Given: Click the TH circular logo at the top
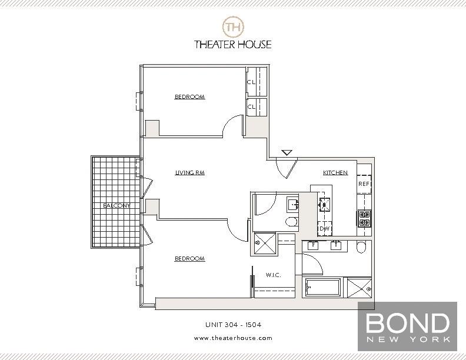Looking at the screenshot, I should [x=232, y=26].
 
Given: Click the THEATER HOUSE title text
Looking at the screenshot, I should [x=233, y=44].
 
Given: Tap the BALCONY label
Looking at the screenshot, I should [x=116, y=205].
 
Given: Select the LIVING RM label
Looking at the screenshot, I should [x=185, y=173].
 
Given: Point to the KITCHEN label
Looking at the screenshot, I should [x=335, y=173].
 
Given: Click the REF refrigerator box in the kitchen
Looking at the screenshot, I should [x=364, y=183].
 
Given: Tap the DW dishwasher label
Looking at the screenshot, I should [x=324, y=228].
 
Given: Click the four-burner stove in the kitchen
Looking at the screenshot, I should [x=364, y=219].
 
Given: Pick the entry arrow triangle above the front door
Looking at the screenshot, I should [x=287, y=153].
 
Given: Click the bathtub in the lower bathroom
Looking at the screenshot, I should [x=322, y=288].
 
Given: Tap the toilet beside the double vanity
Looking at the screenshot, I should [x=362, y=246].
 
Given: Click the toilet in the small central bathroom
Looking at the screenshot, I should [x=292, y=222].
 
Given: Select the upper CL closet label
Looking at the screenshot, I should [x=251, y=82].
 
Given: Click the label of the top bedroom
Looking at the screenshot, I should [x=189, y=97].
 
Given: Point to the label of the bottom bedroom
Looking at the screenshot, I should [x=189, y=259].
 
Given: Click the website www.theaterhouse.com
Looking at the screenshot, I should [x=233, y=338].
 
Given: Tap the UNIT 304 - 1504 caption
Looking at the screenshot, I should [x=233, y=324].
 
